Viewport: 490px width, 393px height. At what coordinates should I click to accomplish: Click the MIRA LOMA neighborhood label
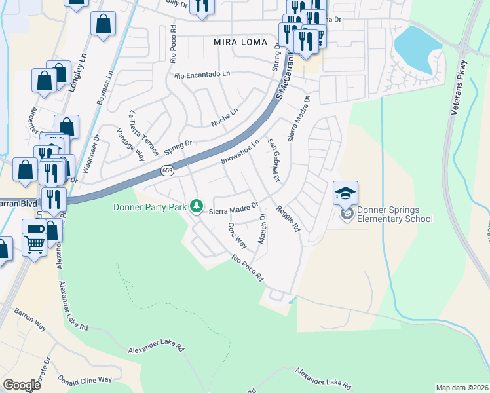point(240,42)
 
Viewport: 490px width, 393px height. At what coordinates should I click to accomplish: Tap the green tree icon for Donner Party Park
point(196,207)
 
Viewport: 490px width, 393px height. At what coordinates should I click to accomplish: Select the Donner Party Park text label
point(150,207)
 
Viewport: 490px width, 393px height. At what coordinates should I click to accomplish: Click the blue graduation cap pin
point(345,193)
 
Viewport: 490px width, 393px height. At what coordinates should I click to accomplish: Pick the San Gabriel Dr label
point(273,160)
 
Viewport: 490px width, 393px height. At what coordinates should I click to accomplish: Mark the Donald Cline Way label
point(85,380)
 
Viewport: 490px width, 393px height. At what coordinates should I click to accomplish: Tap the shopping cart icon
point(35,246)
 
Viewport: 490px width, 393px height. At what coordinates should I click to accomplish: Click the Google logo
point(22,384)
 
